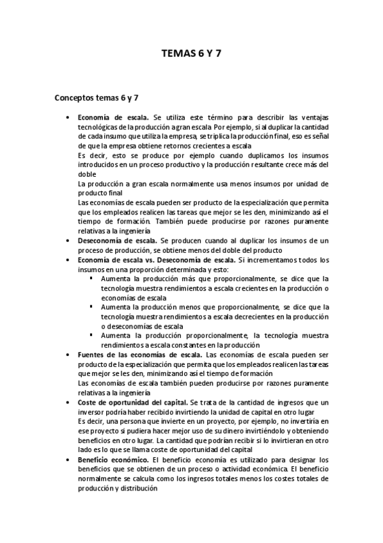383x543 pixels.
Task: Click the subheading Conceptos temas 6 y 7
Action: pos(97,97)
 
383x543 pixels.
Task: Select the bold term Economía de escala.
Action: pos(113,118)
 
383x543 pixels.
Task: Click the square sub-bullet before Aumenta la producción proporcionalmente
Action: pos(91,335)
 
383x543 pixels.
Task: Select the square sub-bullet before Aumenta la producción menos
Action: pos(91,307)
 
